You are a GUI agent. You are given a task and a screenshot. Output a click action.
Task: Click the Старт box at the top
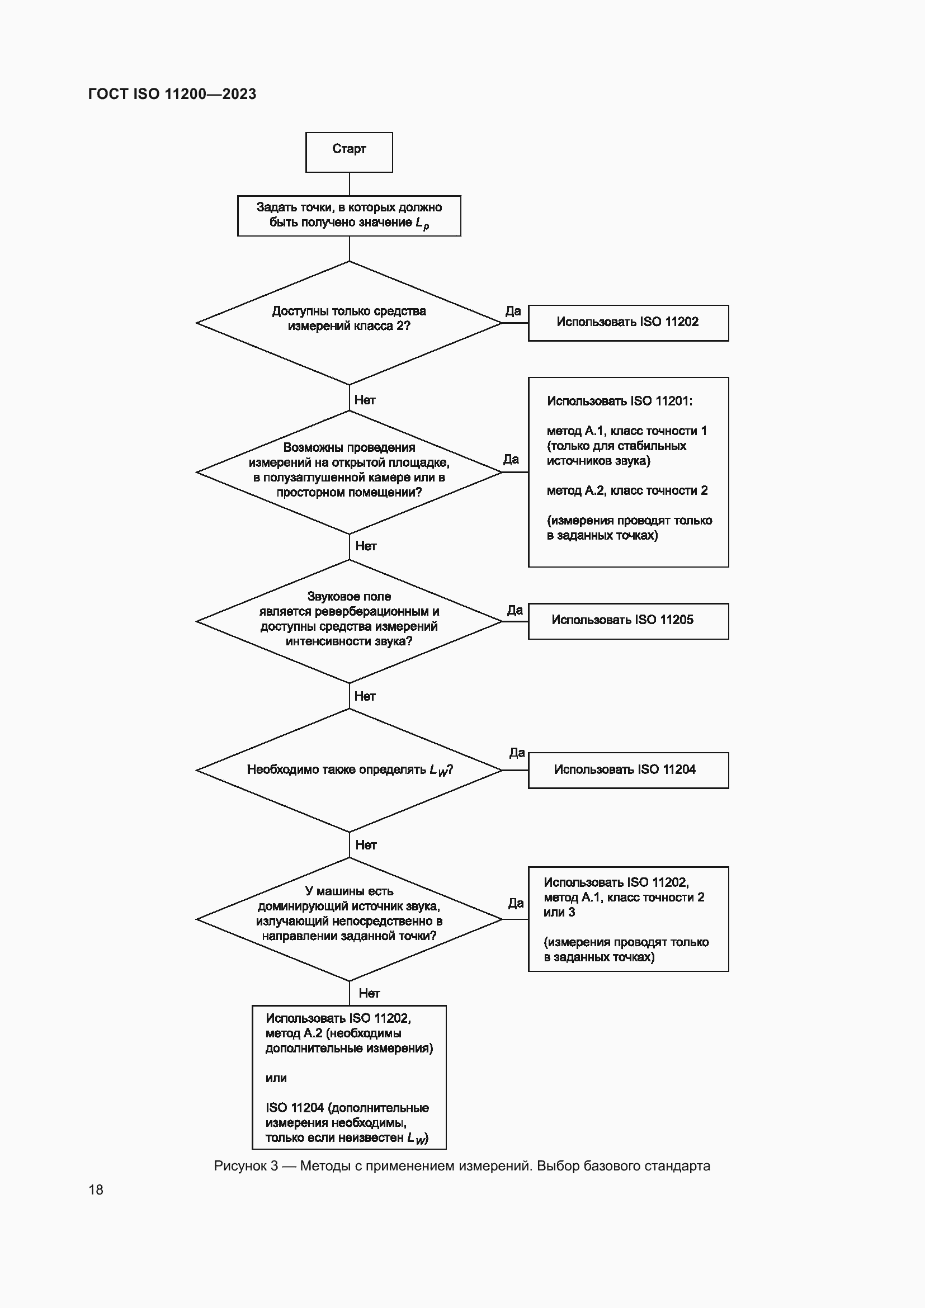point(348,152)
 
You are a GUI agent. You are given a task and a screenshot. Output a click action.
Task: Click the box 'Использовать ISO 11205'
point(627,620)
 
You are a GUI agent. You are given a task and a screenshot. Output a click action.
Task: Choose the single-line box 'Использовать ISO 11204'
point(627,769)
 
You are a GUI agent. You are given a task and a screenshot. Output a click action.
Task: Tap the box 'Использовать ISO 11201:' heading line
point(619,401)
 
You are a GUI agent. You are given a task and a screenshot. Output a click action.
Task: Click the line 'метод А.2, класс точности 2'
point(626,490)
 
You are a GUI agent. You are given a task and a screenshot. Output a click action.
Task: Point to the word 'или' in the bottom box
point(276,1078)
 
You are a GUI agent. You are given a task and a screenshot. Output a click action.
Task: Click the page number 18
point(96,1189)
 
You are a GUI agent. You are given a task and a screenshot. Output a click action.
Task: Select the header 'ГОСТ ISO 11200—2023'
point(172,94)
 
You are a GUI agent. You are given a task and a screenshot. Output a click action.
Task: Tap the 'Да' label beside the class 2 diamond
point(513,311)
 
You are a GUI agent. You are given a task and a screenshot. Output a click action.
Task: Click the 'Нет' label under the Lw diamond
point(366,845)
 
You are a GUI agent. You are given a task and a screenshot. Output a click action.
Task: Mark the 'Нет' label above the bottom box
point(369,994)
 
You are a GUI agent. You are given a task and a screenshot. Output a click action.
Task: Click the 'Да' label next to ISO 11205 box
point(515,610)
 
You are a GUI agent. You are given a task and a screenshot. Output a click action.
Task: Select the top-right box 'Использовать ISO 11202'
point(627,323)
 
